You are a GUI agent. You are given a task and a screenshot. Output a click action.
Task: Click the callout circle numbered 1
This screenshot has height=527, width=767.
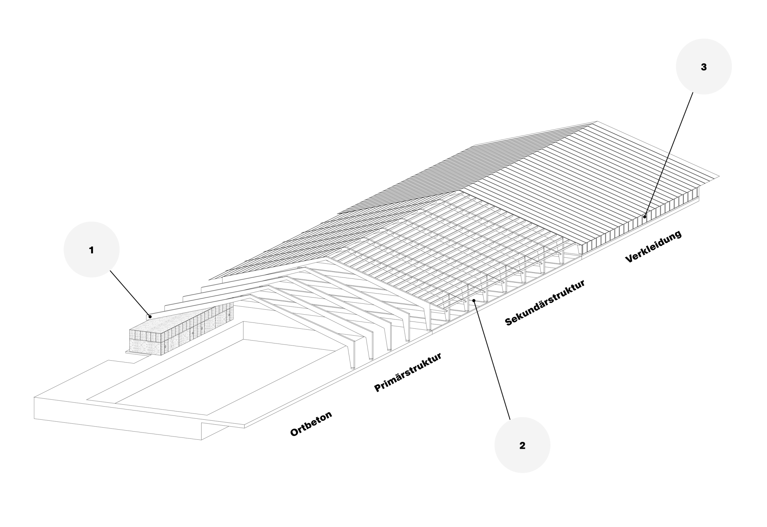pyautogui.click(x=91, y=249)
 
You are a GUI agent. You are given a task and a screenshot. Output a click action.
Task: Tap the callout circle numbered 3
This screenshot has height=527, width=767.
pyautogui.click(x=704, y=66)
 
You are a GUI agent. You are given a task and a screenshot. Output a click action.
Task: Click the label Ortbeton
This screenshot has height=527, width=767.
pyautogui.click(x=311, y=424)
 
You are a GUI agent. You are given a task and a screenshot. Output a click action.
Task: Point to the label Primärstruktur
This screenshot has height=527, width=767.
pyautogui.click(x=407, y=372)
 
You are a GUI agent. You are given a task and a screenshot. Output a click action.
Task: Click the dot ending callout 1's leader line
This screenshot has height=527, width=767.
pyautogui.click(x=150, y=317)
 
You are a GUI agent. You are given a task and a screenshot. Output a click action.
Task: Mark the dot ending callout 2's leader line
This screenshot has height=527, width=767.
pyautogui.click(x=474, y=300)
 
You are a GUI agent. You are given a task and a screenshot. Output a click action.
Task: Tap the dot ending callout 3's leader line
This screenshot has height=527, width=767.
pyautogui.click(x=645, y=217)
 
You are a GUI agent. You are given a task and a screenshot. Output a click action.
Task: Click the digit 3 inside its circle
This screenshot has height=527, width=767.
pyautogui.click(x=704, y=67)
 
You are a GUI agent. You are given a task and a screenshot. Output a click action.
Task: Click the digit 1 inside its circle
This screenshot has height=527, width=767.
pyautogui.click(x=91, y=250)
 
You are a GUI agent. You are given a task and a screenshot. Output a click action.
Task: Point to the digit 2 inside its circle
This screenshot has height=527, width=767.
pyautogui.click(x=522, y=446)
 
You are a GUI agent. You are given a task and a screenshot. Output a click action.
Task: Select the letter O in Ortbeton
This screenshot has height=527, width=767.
pyautogui.click(x=294, y=432)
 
